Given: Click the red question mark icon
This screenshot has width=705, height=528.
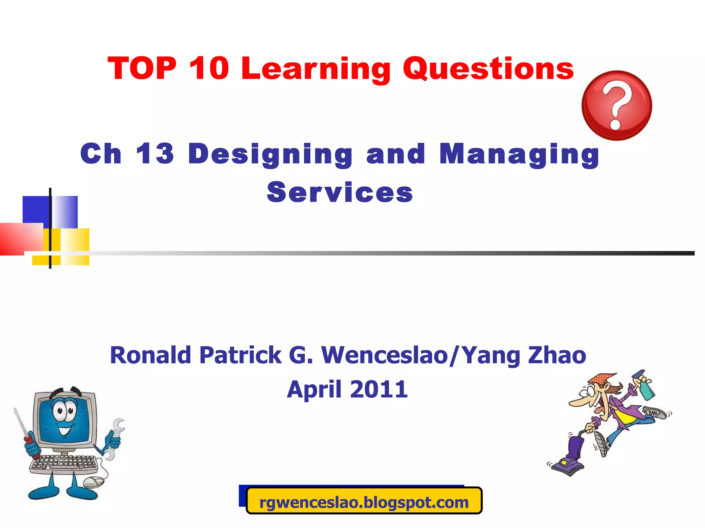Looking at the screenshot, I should pos(617,106).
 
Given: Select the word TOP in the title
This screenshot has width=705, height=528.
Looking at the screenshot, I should pos(142,68).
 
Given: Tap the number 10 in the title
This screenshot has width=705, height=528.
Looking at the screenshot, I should pos(209,68).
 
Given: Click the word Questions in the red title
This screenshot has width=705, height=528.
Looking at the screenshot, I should pos(488,69).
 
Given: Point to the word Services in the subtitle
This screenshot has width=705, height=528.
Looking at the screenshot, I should pos(340,192).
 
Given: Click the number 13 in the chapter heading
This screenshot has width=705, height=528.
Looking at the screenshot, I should pos(155,154).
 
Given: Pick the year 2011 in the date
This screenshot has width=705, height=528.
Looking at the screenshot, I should pos(379,389).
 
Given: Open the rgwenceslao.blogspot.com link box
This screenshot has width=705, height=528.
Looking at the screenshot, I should pos(364,502).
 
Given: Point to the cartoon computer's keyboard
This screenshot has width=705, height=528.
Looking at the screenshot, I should pos(64,462).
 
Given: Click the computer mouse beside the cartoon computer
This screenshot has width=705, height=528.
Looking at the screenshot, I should pos(93,482).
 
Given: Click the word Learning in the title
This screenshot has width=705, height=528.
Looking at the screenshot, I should pos(316,69).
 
